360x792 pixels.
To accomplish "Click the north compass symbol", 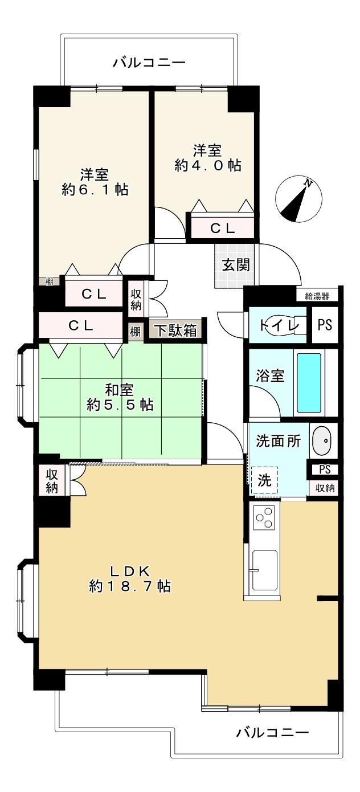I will pos(299,200).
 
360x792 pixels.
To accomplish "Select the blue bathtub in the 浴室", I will pos(309,384).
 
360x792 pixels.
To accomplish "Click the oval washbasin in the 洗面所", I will pos(322,440).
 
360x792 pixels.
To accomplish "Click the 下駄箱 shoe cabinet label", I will pos(175,331).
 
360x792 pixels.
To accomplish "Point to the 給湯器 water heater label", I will pos(317,296).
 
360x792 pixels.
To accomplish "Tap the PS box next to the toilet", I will pos(324,325).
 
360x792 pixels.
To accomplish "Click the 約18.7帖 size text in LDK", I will pos(130,585).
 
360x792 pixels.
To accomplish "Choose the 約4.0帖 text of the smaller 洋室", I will pos(207,165).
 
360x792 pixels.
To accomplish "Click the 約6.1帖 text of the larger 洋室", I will pos(95,190).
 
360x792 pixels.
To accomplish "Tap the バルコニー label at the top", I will pos(149,62).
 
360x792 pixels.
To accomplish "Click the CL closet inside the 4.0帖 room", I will pos(222,228).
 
